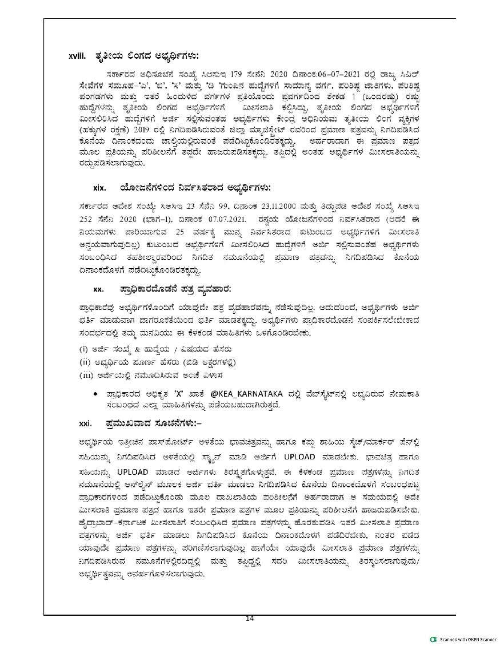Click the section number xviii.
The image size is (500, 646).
click(x=77, y=56)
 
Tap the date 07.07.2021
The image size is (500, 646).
click(x=232, y=218)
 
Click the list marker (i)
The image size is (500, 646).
click(x=83, y=348)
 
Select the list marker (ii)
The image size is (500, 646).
click(x=85, y=362)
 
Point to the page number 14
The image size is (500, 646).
click(x=249, y=619)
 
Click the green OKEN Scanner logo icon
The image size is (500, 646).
click(x=434, y=639)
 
